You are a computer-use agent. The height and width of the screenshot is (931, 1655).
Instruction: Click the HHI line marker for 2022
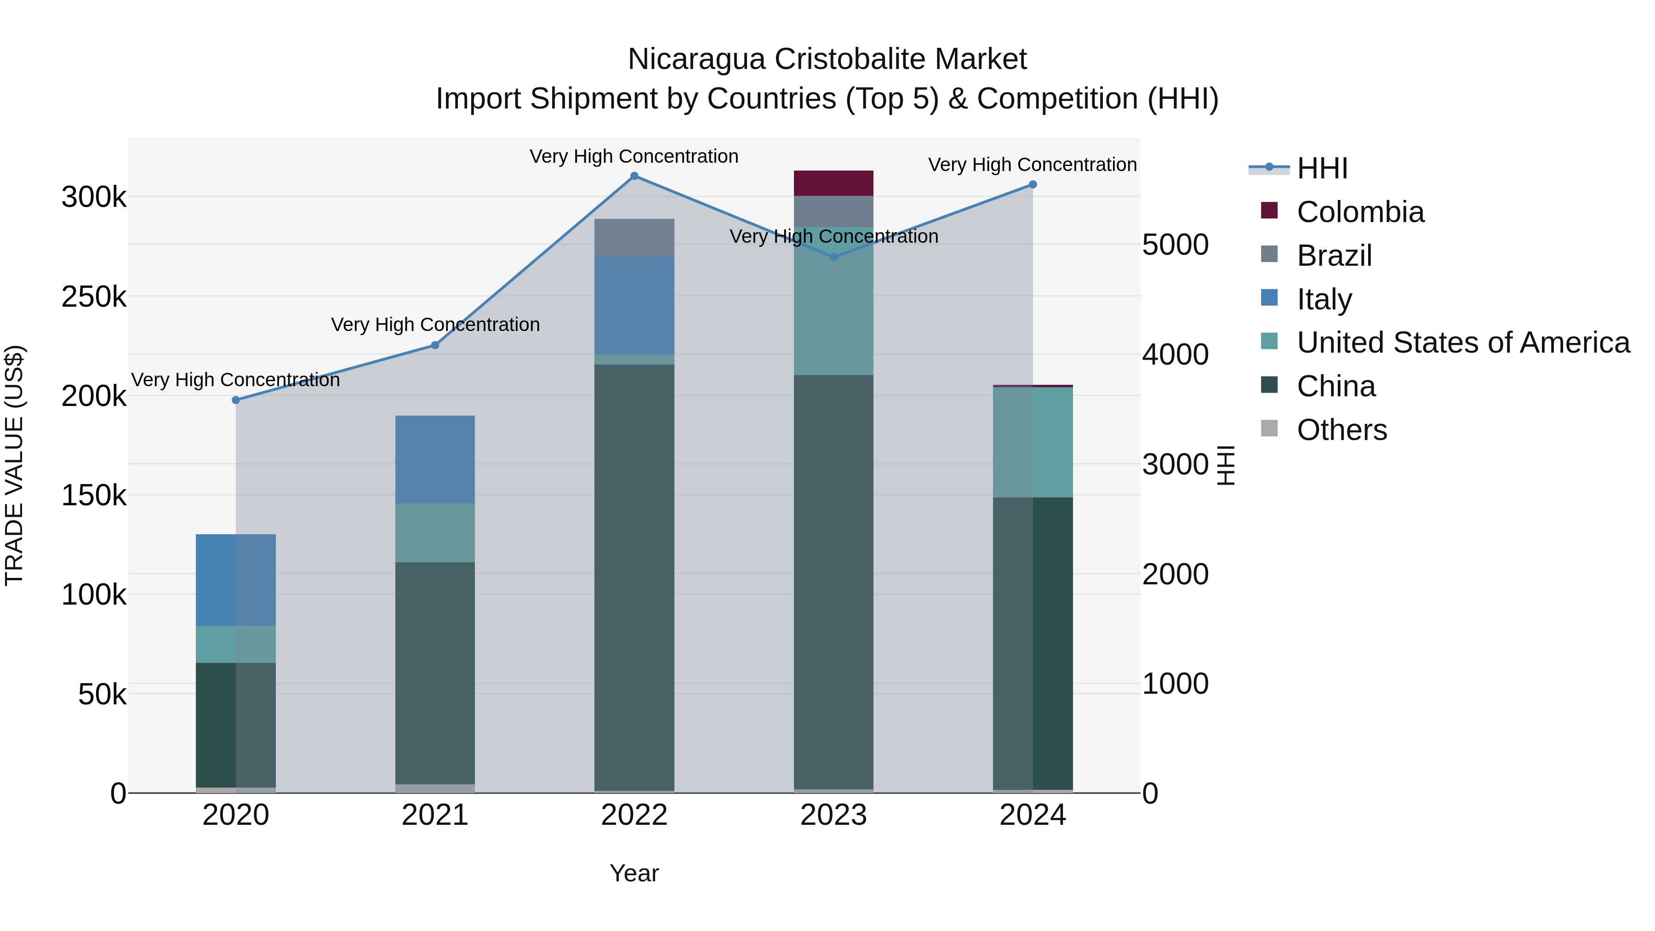tap(634, 176)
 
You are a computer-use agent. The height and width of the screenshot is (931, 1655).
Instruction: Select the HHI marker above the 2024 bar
tap(1033, 184)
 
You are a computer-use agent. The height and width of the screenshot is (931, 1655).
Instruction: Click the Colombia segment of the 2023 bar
tap(833, 183)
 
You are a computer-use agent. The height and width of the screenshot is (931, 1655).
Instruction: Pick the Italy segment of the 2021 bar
tap(435, 459)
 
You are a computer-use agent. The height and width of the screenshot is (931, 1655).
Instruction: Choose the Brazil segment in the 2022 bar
tap(634, 238)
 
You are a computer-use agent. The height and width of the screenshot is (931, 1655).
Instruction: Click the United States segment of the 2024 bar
tap(1033, 442)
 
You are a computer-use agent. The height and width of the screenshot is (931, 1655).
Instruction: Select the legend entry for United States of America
tap(1462, 343)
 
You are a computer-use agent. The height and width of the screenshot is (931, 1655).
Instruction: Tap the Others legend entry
tap(1341, 430)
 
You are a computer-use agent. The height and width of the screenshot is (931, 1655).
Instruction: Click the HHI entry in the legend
tap(1322, 168)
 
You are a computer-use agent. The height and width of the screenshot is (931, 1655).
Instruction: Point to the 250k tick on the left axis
tap(94, 297)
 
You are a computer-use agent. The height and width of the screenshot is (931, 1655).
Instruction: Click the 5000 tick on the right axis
tap(1175, 245)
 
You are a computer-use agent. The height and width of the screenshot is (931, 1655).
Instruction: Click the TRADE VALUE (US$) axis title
tap(14, 465)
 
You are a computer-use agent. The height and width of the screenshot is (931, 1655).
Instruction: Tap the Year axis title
tap(634, 873)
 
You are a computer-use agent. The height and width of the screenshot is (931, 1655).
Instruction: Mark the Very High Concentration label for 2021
tap(435, 325)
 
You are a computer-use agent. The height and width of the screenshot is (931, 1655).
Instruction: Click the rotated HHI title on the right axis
tap(1226, 465)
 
